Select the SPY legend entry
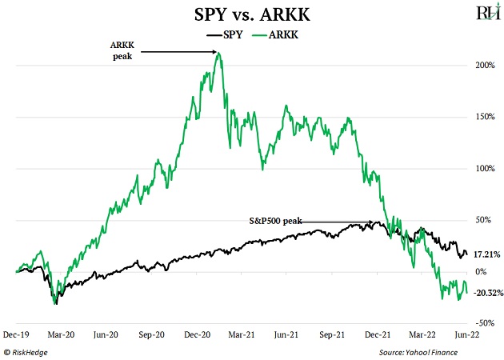pos(230,35)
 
